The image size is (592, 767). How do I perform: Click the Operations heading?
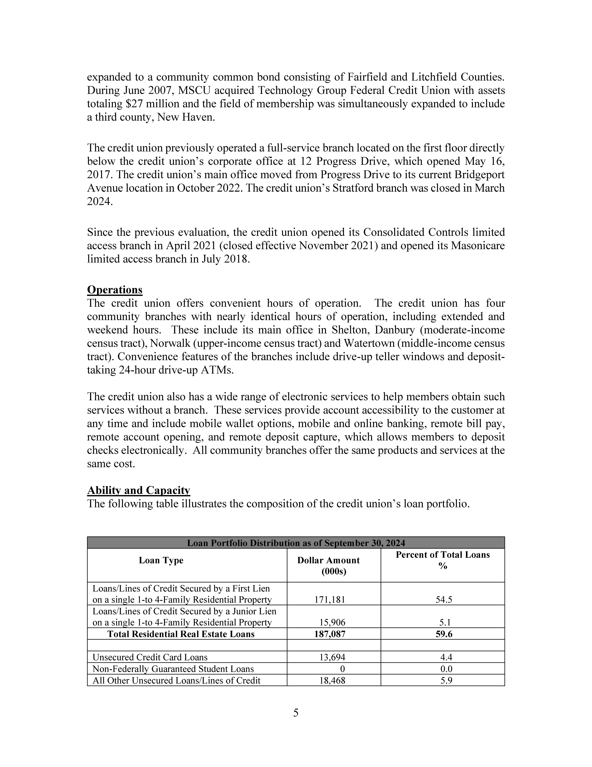click(115, 290)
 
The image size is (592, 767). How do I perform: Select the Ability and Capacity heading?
click(138, 490)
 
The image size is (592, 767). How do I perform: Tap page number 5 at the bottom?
click(296, 713)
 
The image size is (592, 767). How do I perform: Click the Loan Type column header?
click(161, 560)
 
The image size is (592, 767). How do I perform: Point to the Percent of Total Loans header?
click(443, 560)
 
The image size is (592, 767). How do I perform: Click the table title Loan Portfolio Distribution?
click(296, 543)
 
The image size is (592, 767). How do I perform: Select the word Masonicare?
click(478, 245)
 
